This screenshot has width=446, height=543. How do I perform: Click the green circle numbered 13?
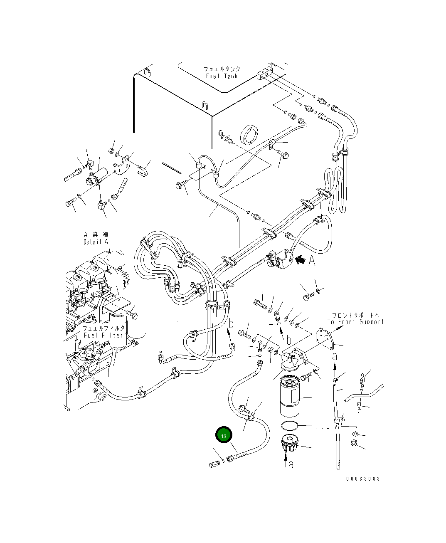pos(224,436)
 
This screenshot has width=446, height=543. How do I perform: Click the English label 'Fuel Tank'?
pos(222,76)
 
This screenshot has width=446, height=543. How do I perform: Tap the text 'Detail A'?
pos(96,242)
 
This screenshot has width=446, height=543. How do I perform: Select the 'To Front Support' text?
pos(355,321)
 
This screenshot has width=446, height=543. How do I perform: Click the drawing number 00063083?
pos(363,479)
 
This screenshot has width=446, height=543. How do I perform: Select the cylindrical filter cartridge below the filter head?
pos(293,395)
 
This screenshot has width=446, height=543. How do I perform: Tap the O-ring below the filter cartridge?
pos(290,426)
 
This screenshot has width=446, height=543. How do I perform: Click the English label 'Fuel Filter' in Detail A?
pos(103,335)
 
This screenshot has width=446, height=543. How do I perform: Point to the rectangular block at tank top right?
pos(264,74)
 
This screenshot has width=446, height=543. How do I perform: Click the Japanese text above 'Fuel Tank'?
pos(222,69)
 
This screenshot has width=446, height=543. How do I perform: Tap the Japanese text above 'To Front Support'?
pos(355,315)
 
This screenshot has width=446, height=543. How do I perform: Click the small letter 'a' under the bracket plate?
pos(335,356)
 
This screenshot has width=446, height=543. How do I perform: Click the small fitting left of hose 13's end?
pos(214,464)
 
